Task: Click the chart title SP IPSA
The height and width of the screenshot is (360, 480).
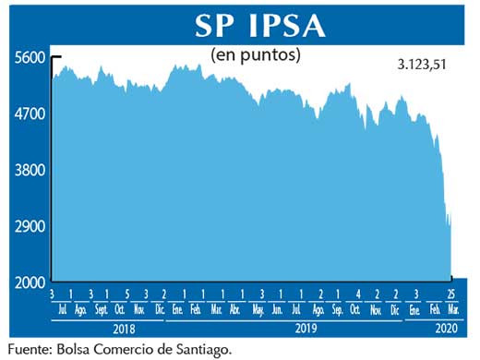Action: (259, 26)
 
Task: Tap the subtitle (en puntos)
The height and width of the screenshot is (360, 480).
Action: (257, 56)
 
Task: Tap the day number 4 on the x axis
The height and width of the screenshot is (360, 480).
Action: (357, 294)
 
